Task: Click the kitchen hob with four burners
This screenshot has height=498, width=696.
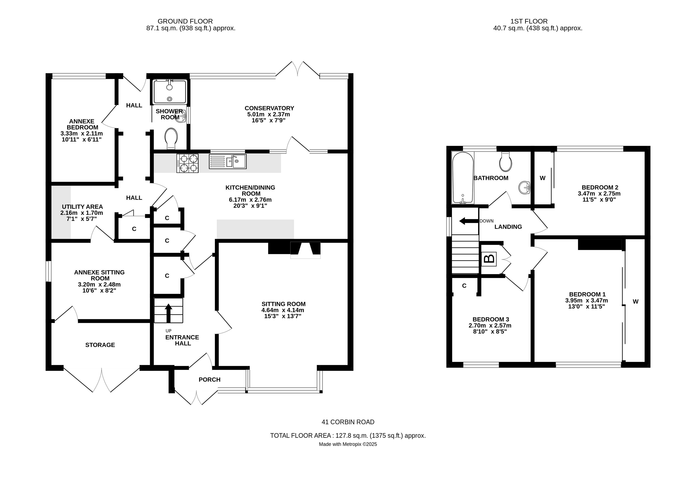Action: point(187,163)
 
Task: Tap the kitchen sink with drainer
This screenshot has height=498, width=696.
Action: point(228,161)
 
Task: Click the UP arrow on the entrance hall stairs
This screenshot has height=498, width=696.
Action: point(168,313)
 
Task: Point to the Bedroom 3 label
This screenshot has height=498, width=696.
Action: point(491,319)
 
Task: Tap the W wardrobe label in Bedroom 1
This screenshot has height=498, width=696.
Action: point(635,301)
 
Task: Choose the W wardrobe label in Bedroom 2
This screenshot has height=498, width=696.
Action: point(542,178)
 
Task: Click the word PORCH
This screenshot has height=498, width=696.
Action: point(209,380)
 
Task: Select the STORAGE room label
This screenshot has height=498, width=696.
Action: point(100,345)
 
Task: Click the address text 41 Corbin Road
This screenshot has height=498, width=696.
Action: point(348,422)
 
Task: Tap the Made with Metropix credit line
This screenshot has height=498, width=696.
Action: point(348,444)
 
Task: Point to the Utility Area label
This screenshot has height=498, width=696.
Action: point(82,207)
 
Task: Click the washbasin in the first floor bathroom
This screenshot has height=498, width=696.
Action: point(525,187)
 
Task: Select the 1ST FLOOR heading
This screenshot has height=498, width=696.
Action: point(529,21)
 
